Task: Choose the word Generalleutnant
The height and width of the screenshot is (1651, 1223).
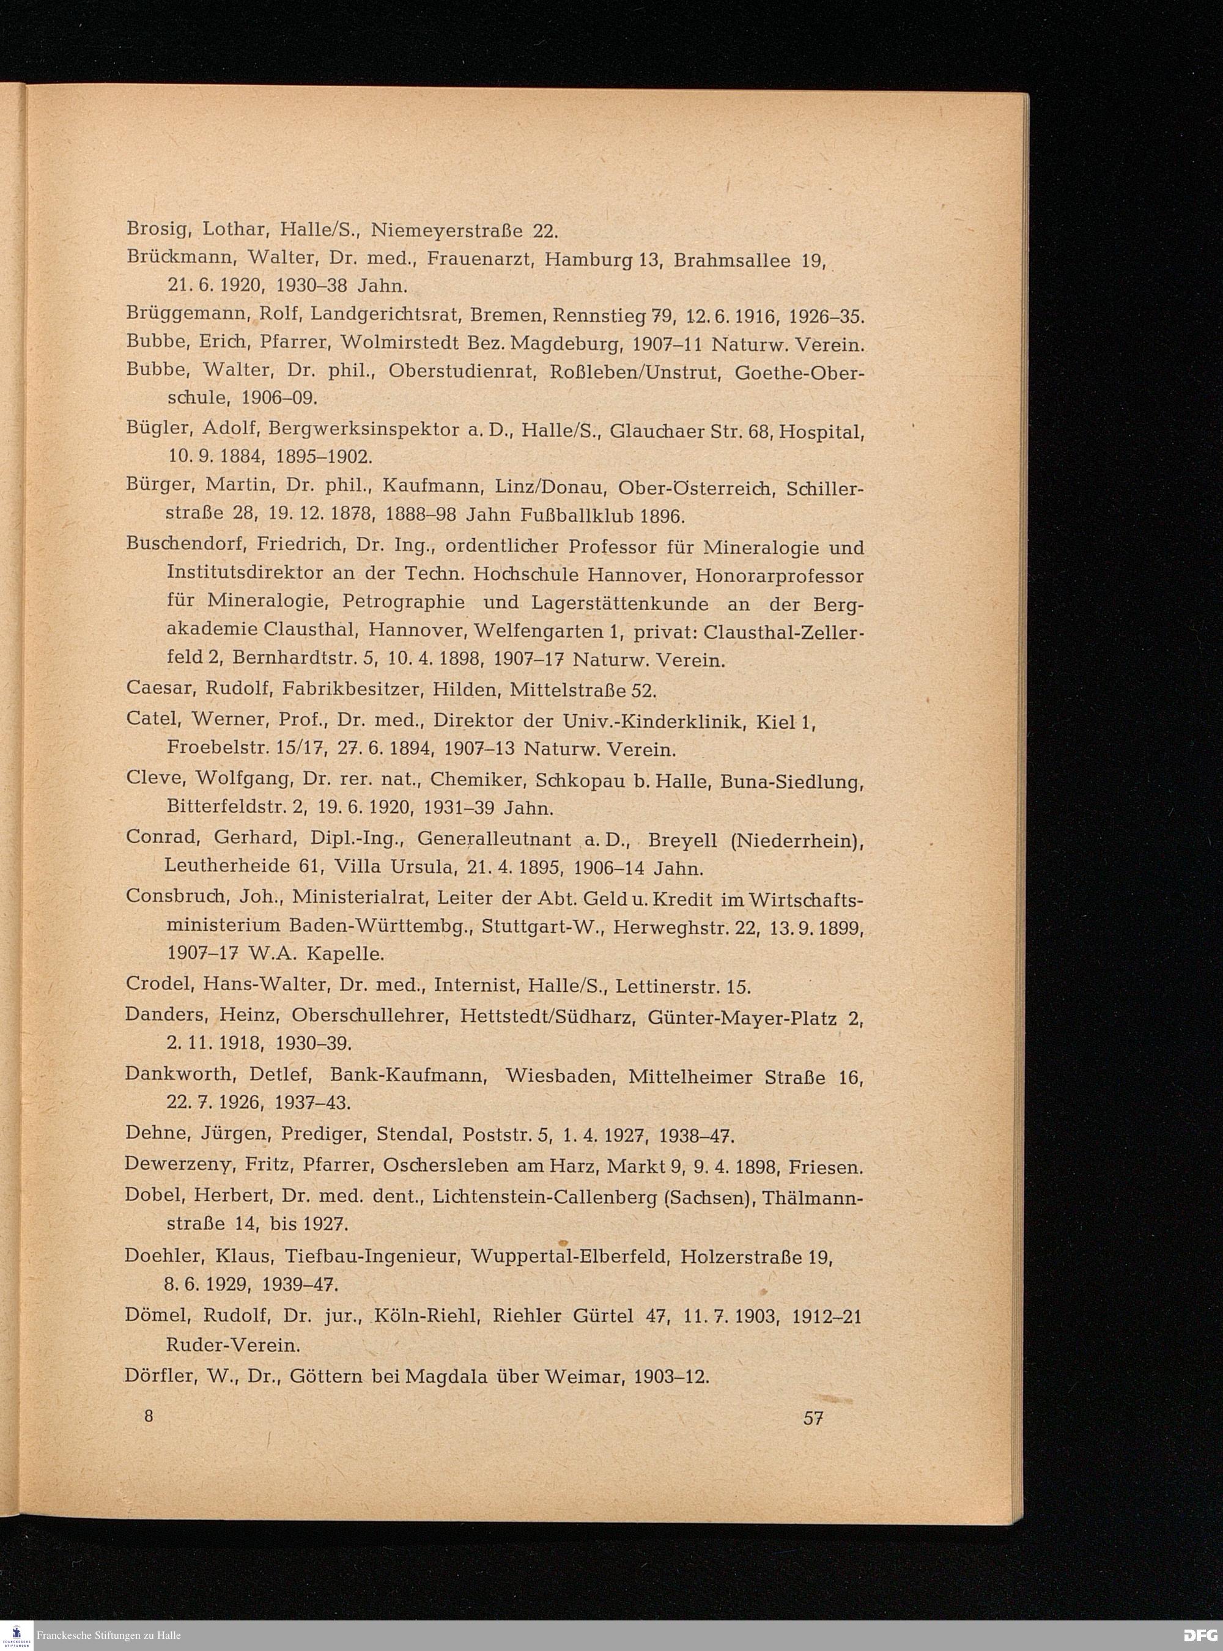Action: click(494, 840)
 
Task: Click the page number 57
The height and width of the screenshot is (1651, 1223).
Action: click(813, 1419)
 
